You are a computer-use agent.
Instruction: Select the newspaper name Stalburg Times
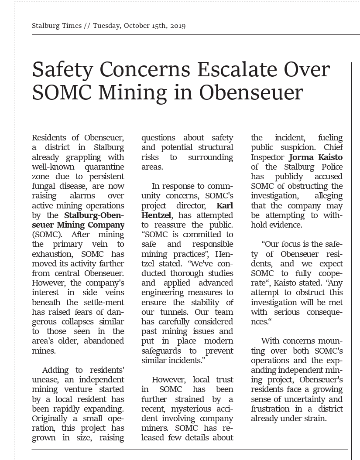click(57, 26)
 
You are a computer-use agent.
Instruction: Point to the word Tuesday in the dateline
click(106, 26)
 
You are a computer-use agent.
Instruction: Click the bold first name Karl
click(225, 205)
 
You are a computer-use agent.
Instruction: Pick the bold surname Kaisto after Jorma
click(328, 157)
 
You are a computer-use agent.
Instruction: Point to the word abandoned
click(102, 341)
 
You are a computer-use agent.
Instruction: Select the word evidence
click(285, 225)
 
